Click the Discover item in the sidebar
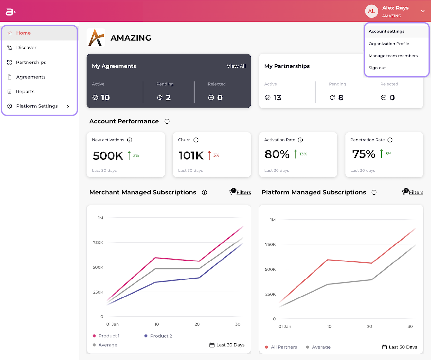point(26,48)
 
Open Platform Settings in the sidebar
point(37,106)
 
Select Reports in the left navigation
point(25,91)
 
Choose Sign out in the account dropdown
point(377,68)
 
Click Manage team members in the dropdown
point(393,56)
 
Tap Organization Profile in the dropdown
point(389,44)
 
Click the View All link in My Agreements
point(236,66)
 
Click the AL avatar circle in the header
point(371,11)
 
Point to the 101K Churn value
point(191,155)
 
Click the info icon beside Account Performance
point(167,121)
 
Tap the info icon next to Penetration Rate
point(390,140)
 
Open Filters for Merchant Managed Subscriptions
point(243,192)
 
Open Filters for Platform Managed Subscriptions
point(416,192)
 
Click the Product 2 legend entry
point(161,336)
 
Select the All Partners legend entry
point(284,347)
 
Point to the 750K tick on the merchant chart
point(98,243)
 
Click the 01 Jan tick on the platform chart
point(285,326)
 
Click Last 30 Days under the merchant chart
point(230,345)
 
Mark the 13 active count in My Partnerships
point(278,98)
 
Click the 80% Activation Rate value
point(277,154)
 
